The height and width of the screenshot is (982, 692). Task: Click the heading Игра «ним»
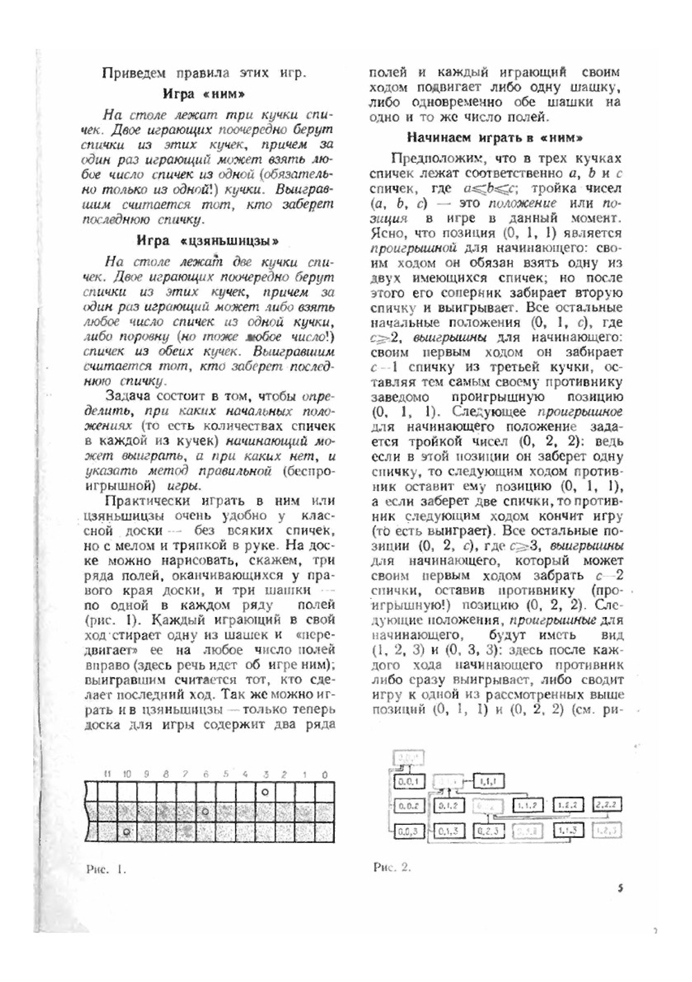coord(203,94)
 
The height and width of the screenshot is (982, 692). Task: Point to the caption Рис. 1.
coord(107,868)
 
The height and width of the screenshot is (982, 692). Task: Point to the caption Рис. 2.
coord(392,867)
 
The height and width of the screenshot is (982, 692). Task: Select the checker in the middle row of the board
coord(205,810)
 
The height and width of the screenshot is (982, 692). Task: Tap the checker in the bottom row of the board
coord(126,830)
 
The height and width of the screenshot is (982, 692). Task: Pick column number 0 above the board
coord(325,774)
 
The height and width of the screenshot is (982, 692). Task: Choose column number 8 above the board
coord(165,774)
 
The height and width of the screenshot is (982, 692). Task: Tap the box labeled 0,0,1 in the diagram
coord(408,781)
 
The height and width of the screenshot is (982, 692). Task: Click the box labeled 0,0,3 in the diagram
coord(408,830)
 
